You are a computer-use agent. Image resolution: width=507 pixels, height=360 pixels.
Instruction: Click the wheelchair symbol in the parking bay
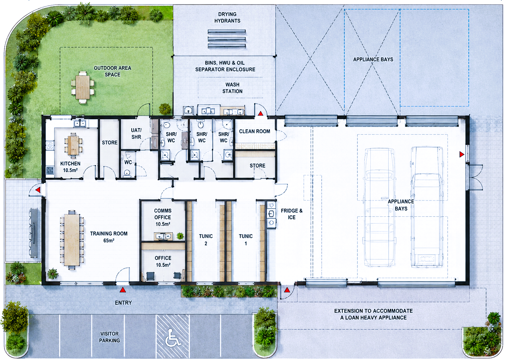(x=173, y=337)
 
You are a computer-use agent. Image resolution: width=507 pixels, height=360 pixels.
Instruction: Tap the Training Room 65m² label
(x=109, y=237)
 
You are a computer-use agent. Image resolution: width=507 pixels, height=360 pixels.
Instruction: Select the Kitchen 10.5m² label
(x=70, y=167)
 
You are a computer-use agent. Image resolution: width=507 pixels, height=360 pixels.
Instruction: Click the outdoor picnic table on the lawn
(x=83, y=87)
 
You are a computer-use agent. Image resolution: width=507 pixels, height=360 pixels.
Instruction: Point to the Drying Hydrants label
(x=227, y=17)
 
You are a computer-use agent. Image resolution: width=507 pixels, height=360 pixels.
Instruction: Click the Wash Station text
(x=233, y=88)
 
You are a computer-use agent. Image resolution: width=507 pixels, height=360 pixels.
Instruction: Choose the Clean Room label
(x=255, y=131)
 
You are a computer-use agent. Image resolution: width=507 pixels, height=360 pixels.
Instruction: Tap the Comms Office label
(x=163, y=214)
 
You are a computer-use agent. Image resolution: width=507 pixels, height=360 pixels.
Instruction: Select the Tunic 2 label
(x=206, y=240)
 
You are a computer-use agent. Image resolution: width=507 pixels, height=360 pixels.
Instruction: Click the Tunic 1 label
(x=246, y=240)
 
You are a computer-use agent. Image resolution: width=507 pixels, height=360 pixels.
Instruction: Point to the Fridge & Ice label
(x=292, y=214)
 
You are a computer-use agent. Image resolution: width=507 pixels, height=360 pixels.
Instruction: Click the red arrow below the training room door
(x=122, y=290)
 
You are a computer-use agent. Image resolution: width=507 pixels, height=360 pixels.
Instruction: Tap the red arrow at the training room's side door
(x=38, y=190)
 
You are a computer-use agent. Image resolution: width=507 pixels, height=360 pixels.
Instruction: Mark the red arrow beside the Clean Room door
(x=261, y=113)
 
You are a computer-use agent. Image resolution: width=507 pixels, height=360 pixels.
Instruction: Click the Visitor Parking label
(x=109, y=337)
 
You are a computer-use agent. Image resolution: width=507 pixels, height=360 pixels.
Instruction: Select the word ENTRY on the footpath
(x=123, y=303)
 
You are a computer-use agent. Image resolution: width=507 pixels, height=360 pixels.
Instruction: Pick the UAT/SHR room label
(x=136, y=133)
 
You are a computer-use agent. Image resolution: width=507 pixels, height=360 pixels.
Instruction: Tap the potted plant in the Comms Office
(x=180, y=236)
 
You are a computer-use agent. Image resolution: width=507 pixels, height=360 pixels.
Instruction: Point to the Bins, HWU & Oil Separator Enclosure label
(x=225, y=66)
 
